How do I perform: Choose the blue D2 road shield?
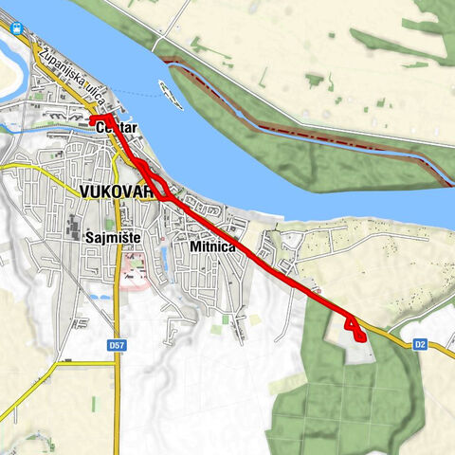[x=419, y=344]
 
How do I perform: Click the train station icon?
[x=17, y=27]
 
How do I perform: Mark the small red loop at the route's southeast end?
[x=354, y=327]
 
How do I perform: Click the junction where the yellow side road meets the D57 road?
[x=117, y=360]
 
